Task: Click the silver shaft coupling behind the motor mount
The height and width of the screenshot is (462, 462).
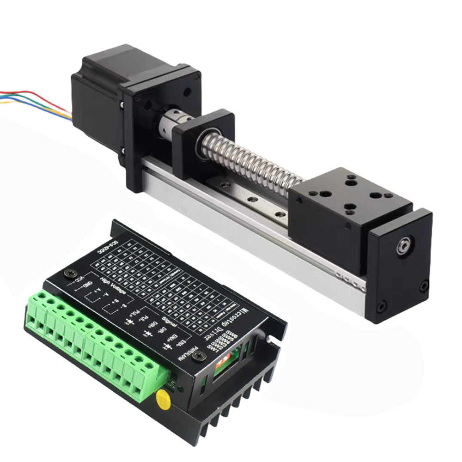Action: pos(168,126)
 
